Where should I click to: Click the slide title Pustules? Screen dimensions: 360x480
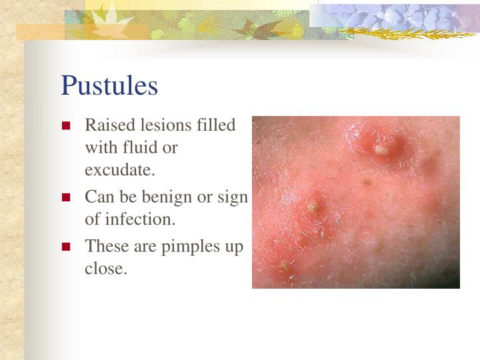point(109,85)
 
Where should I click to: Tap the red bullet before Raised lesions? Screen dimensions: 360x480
point(66,126)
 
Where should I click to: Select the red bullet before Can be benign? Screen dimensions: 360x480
point(66,197)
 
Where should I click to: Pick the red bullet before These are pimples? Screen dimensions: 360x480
point(66,247)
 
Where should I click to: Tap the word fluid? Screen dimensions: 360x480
point(137,147)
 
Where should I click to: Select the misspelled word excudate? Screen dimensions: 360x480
point(119,170)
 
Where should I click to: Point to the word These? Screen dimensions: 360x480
point(103,246)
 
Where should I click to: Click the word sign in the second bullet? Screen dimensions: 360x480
point(233,197)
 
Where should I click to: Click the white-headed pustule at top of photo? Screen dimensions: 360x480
point(380,150)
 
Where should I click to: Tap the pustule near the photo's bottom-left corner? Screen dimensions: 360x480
point(285,267)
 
